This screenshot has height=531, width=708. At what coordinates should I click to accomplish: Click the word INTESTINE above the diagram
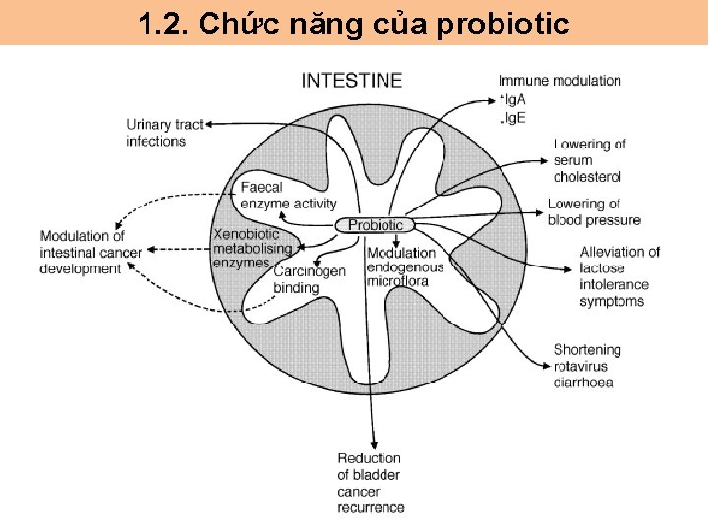[352, 80]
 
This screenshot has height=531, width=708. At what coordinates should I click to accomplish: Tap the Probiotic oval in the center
[376, 225]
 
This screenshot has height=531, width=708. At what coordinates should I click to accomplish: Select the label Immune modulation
[560, 80]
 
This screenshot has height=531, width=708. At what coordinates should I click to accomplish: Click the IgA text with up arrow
[512, 99]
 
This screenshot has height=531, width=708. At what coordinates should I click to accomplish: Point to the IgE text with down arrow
[512, 118]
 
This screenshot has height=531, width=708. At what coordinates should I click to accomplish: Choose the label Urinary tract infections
[164, 133]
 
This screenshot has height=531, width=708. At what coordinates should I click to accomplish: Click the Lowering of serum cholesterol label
[588, 160]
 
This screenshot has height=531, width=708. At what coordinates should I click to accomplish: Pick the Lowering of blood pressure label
[594, 211]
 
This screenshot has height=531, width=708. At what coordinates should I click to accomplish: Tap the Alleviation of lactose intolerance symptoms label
[619, 276]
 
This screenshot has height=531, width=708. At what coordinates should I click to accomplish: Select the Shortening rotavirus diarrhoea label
[587, 366]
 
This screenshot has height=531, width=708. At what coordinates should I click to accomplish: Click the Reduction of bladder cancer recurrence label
[371, 483]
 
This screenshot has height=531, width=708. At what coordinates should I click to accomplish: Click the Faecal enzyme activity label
[288, 195]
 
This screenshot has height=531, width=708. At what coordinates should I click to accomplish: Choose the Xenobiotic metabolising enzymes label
[253, 248]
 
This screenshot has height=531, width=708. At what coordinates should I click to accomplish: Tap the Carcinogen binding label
[309, 279]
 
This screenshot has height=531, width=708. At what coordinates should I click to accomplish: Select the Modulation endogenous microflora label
[404, 266]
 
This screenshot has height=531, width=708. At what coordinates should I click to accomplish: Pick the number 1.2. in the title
[163, 24]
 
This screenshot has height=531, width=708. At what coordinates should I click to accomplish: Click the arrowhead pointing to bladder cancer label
[373, 445]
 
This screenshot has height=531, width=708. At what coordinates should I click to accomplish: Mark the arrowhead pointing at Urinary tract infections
[209, 124]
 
